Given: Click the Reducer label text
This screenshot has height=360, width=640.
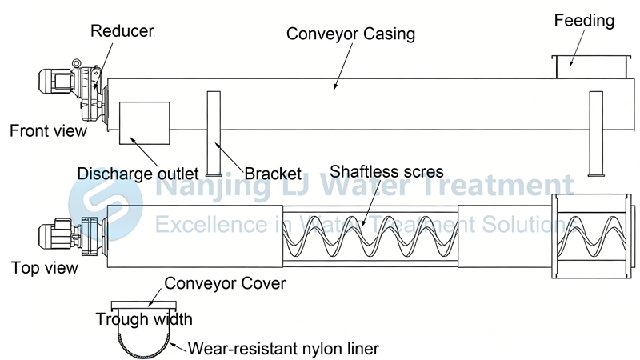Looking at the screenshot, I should tap(122, 32).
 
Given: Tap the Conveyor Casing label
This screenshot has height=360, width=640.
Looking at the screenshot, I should tap(350, 34).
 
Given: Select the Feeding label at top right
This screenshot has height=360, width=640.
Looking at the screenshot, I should tap(584, 21).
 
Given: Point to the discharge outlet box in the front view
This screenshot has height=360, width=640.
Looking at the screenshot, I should tap(144, 122).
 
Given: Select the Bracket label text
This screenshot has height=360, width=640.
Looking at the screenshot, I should tap(273, 173).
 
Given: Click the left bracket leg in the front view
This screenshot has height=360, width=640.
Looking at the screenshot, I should tap(214, 133).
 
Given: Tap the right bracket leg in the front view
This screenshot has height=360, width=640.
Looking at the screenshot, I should tap(595, 133).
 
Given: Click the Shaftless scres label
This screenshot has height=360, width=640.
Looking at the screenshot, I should tap(386, 171).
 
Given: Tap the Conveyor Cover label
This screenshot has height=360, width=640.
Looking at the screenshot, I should tap(225, 283).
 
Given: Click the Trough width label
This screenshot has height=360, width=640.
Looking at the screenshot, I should tap(144, 319).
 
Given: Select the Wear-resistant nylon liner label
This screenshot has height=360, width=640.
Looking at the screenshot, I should tap(283, 348).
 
